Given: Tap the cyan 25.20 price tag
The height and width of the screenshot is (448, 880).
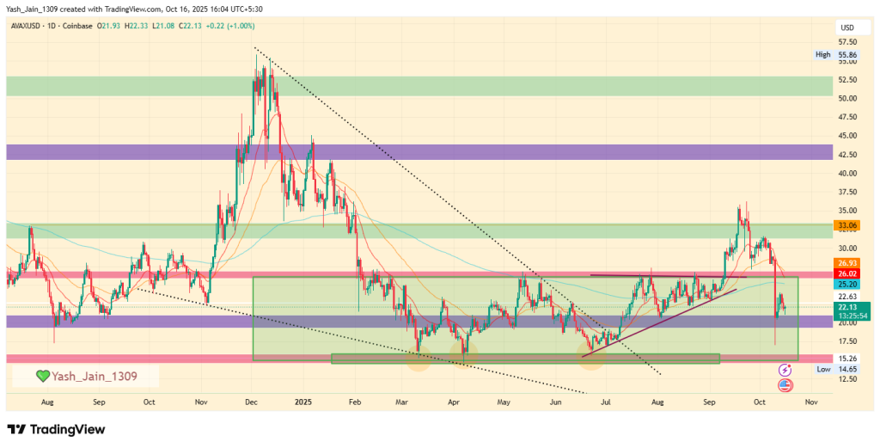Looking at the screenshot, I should point(847,284).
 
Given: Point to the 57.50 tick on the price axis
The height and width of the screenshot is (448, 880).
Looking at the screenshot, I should point(846,41).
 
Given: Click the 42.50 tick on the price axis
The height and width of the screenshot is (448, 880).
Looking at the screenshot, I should point(846,155).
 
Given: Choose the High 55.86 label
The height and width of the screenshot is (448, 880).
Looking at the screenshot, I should point(835,54).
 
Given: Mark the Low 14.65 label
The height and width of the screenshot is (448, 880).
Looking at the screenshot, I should point(835,368).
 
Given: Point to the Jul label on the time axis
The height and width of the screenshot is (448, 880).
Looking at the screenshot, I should point(606,401).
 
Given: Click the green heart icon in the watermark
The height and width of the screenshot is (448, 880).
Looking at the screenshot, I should point(41,376).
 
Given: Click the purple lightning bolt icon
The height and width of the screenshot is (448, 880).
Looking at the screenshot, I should point(784,369).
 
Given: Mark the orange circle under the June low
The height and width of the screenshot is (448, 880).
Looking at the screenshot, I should point(591,357).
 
